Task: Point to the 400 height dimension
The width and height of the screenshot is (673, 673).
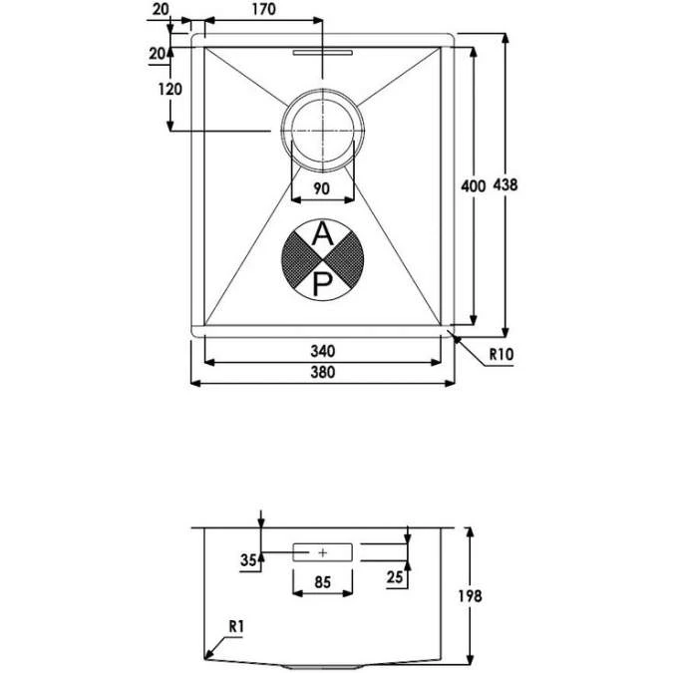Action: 473,185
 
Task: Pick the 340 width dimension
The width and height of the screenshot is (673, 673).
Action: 321,351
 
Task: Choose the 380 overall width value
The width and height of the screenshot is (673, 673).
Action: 321,372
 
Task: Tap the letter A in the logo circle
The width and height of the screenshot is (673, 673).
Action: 321,235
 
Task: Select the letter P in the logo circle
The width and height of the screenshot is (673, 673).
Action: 321,285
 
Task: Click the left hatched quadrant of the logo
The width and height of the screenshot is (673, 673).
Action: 298,260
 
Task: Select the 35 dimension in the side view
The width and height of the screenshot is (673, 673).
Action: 248,559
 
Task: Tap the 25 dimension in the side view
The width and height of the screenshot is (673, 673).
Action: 396,576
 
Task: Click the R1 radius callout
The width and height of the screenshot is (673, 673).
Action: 235,626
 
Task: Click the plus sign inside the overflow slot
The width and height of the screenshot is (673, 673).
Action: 322,550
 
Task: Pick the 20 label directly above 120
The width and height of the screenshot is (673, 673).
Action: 157,54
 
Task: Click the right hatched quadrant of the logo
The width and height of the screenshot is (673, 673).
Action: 345,260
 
